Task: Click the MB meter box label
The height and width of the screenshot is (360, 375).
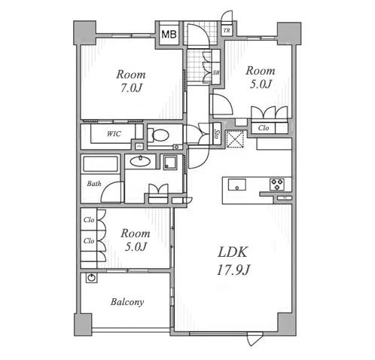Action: point(169,34)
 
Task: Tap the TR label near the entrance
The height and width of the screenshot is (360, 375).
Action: point(227,31)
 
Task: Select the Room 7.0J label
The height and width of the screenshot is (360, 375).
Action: point(131,81)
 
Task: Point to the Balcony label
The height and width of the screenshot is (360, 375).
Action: point(127,302)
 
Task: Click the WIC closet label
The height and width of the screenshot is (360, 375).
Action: point(114,134)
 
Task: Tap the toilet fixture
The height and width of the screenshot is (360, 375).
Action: point(158,135)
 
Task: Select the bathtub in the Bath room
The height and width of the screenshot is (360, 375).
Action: point(100,164)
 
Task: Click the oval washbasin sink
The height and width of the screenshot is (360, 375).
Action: point(141,161)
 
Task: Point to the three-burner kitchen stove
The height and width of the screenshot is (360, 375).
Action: point(277,185)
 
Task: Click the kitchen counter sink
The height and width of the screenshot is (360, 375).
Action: point(237,185)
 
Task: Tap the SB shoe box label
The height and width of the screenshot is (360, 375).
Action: point(216,73)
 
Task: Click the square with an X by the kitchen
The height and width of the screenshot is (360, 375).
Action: point(235,139)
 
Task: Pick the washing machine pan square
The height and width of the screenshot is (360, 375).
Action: point(170,163)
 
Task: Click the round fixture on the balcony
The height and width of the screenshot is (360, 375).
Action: point(92,278)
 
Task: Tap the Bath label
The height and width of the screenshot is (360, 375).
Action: point(94,184)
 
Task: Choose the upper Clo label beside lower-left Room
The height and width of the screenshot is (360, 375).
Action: point(89,220)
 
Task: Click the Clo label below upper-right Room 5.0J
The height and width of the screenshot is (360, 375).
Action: point(264,128)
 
